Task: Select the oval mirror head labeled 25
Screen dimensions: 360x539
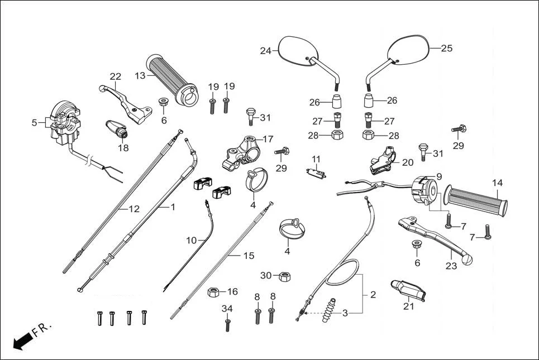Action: point(410,50)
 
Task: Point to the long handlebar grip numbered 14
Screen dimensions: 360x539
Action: point(478,201)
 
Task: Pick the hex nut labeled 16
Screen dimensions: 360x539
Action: point(213,292)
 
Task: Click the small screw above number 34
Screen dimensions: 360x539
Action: point(227,324)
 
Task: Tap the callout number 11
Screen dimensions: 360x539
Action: point(316,159)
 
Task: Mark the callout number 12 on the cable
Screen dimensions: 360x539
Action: point(133,209)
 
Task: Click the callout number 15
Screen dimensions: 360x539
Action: point(249,256)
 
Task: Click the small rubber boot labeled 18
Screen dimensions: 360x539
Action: point(117,129)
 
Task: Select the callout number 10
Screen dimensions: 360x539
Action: point(192,240)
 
